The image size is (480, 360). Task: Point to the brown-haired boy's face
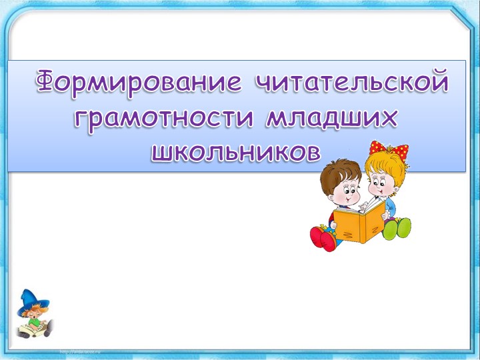tap(347, 193)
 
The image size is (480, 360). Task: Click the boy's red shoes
tap(323, 237)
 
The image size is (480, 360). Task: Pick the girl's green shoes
tap(398, 229)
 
